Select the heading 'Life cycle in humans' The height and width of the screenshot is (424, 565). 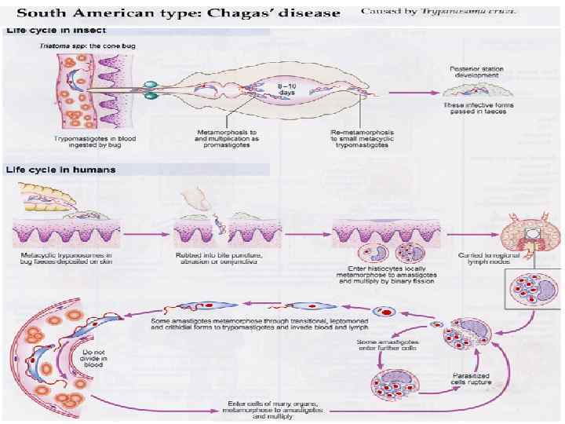pyautogui.click(x=60, y=169)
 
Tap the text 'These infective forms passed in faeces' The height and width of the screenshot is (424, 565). pyautogui.click(x=476, y=108)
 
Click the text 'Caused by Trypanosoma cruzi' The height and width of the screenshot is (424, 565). pyautogui.click(x=439, y=12)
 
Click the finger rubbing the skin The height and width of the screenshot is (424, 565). pyautogui.click(x=195, y=199)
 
